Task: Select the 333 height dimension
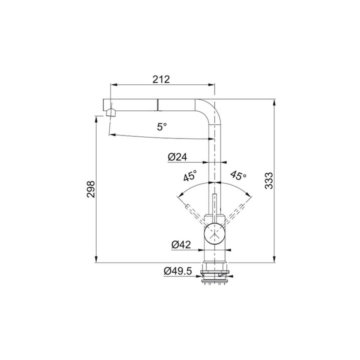[268, 180]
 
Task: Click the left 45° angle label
[189, 175]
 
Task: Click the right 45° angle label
[238, 175]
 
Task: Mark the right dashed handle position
[239, 210]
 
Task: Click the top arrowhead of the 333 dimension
[274, 102]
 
